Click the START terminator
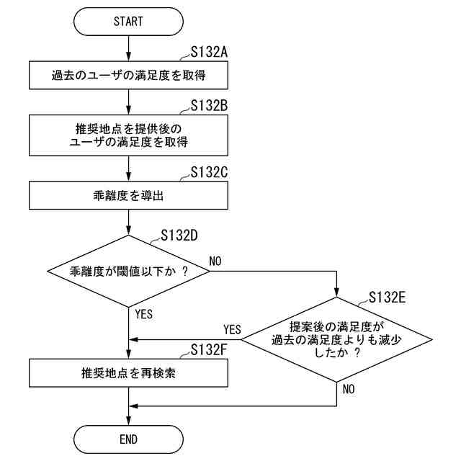(x=128, y=21)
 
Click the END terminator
(x=128, y=438)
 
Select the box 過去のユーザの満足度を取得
(x=128, y=74)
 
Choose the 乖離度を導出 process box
(x=128, y=195)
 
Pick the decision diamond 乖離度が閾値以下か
(x=128, y=272)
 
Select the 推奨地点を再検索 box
(x=128, y=374)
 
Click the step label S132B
(x=209, y=106)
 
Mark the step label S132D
(x=179, y=235)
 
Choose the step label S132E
(x=387, y=297)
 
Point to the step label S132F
(x=209, y=350)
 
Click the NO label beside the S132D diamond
(x=216, y=259)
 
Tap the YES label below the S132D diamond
(x=144, y=314)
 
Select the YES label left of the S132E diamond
(x=232, y=329)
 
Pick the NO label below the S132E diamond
(x=349, y=389)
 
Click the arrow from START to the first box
(x=128, y=48)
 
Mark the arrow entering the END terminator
(x=128, y=414)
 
